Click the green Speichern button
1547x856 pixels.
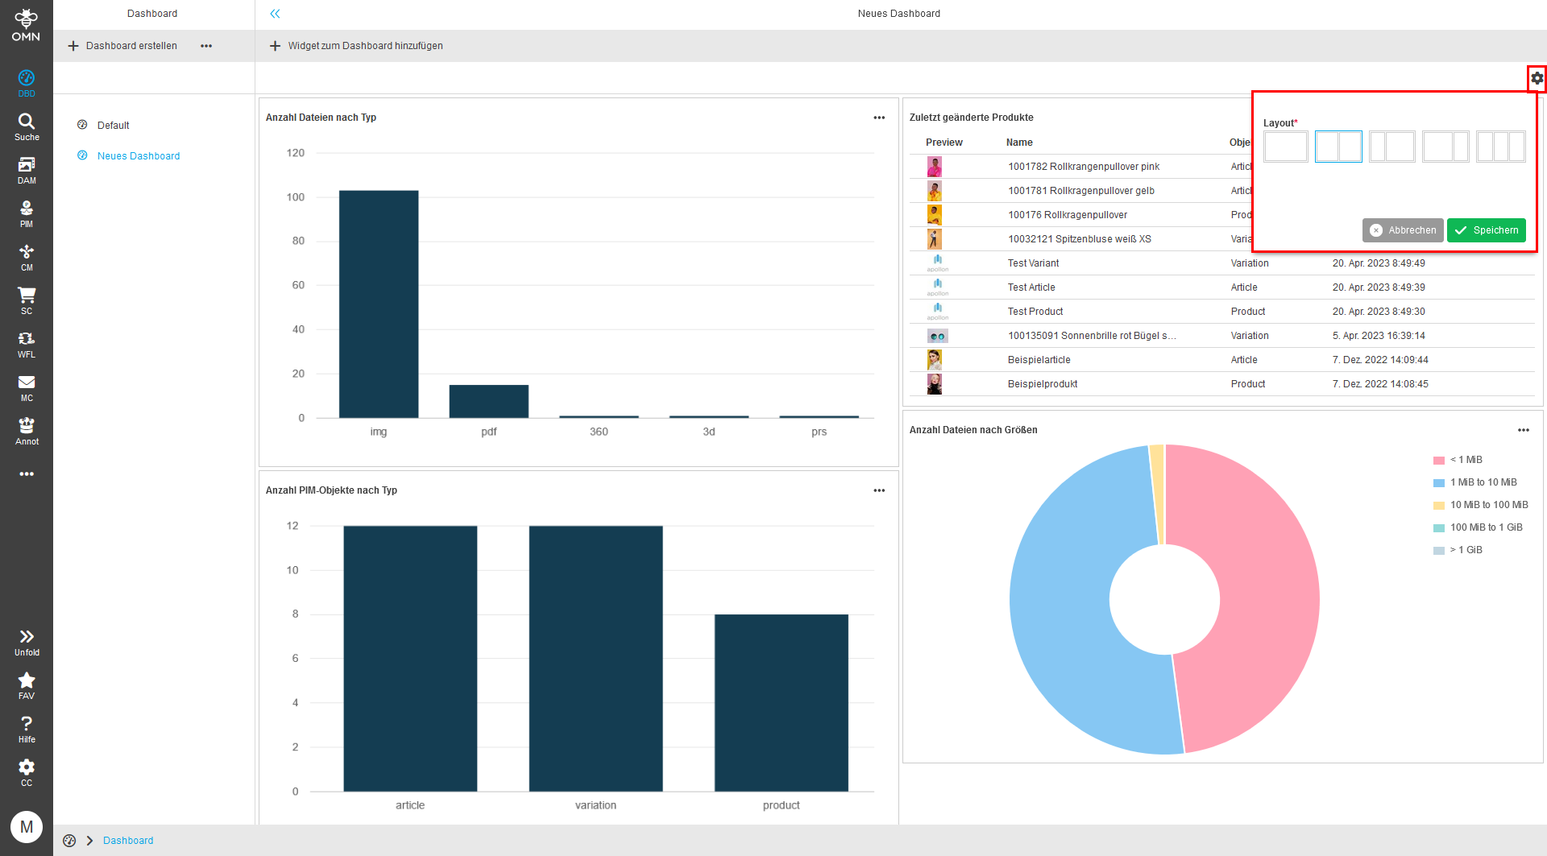point(1486,230)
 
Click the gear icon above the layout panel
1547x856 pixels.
point(1537,78)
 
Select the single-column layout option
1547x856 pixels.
point(1285,147)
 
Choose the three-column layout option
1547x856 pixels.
point(1500,147)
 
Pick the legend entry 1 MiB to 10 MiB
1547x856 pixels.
point(1483,482)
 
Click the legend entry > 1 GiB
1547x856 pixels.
point(1466,550)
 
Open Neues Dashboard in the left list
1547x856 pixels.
point(138,156)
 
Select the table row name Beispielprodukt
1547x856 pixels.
point(1042,384)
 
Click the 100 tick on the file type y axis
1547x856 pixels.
point(296,197)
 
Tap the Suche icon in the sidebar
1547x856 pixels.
point(27,126)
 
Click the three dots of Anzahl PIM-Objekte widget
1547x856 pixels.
point(879,490)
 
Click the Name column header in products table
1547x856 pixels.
point(1019,143)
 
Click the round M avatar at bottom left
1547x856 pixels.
point(27,827)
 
